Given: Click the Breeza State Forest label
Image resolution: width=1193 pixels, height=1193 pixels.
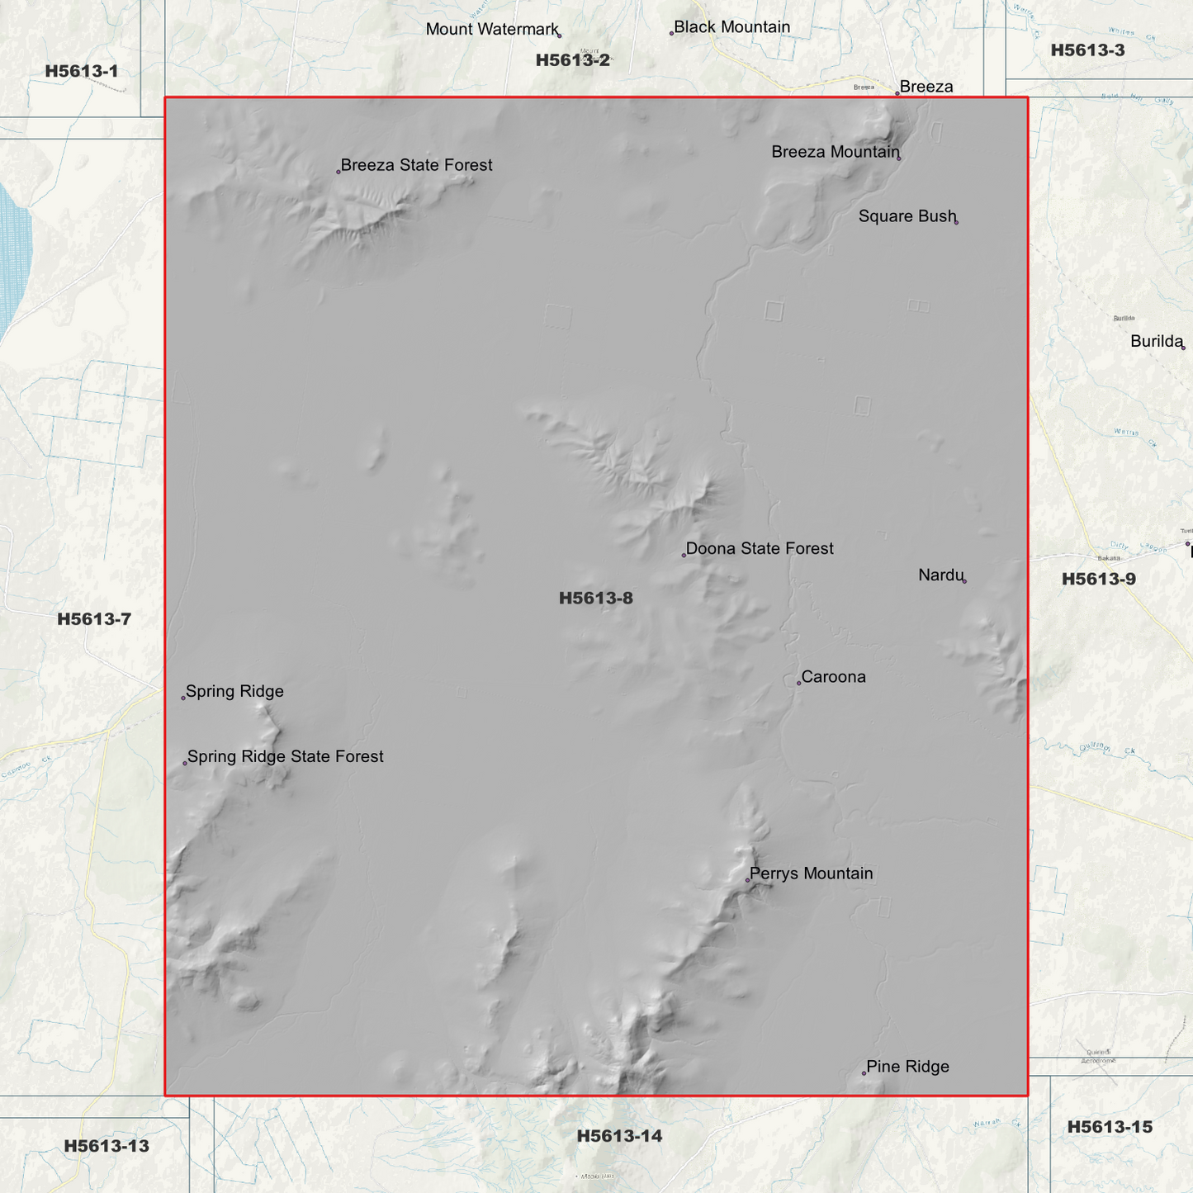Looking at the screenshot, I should [416, 165].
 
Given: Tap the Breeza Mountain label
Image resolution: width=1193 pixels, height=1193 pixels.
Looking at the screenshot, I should [836, 152].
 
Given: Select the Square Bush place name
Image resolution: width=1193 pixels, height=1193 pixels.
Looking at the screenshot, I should [907, 216].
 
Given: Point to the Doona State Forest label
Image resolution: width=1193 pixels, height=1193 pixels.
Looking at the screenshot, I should [760, 549].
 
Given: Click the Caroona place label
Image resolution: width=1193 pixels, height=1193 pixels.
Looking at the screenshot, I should [833, 677].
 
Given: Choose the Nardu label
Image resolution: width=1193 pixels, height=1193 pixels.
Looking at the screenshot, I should [941, 575].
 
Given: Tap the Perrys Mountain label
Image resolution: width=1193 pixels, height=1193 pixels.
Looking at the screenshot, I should [811, 873].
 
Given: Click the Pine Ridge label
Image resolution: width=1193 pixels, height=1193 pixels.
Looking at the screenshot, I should [907, 1067].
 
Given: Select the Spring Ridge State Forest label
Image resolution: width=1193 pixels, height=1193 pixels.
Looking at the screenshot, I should [285, 756].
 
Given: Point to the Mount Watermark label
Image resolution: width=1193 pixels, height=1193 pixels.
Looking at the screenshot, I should [492, 30].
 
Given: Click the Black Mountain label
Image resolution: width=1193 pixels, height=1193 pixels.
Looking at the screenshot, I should [731, 27].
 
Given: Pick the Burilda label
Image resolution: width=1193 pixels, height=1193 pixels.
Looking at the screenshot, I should [1157, 342].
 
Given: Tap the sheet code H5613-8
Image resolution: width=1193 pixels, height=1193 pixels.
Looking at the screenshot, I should [596, 598].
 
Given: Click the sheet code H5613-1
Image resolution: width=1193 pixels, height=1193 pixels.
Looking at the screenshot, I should [82, 71].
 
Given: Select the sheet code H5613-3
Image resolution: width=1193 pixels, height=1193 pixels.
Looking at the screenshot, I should [1087, 50].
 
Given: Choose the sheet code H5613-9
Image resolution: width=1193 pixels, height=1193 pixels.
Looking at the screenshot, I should [1098, 579].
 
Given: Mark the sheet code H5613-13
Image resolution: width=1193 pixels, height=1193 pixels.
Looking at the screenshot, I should [107, 1146].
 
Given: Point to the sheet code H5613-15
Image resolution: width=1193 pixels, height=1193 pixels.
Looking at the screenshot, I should [1110, 1127].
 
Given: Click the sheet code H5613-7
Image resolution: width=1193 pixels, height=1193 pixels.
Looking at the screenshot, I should [94, 619].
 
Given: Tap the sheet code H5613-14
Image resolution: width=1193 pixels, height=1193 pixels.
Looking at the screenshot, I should [619, 1136].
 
